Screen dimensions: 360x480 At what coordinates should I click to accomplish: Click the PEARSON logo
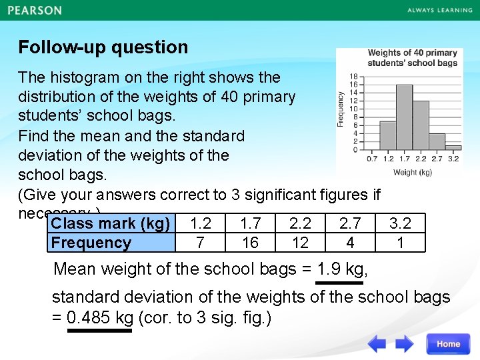(35, 11)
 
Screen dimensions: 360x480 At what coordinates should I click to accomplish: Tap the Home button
(448, 344)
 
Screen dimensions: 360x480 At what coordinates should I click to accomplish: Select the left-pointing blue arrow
(377, 344)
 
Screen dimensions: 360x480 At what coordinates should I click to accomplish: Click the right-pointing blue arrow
(405, 344)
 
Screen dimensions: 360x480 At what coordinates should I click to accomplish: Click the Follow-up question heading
(103, 47)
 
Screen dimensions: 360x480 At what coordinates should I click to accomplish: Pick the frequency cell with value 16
(250, 243)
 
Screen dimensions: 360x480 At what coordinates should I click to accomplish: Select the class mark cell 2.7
(350, 223)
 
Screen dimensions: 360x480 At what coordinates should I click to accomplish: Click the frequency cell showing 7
(200, 243)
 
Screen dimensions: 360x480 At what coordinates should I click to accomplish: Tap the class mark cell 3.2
(400, 223)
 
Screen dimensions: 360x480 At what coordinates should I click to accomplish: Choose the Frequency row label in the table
(91, 243)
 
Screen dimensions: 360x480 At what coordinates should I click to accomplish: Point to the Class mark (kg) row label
(111, 223)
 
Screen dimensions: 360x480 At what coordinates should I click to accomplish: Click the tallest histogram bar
(404, 117)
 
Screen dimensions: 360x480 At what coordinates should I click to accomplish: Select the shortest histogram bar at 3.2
(453, 147)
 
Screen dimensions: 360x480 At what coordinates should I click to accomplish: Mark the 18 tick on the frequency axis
(353, 77)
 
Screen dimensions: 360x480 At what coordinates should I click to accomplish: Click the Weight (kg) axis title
(413, 172)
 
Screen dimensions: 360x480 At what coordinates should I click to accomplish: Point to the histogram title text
(413, 57)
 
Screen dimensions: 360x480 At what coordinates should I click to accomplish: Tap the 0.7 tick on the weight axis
(372, 159)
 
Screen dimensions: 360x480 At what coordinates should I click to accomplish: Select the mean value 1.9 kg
(340, 269)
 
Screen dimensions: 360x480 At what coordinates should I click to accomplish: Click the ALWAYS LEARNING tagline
(439, 11)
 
